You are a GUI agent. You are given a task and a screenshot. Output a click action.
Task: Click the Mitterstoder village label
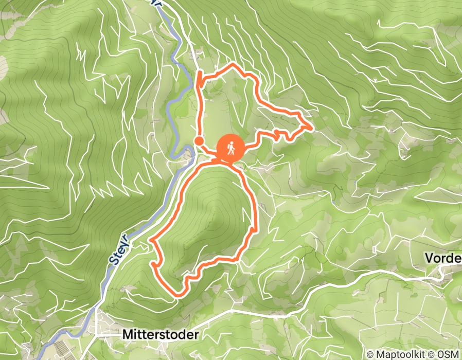(x=160, y=334)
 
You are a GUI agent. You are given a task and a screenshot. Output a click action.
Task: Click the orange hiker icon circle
(x=230, y=148)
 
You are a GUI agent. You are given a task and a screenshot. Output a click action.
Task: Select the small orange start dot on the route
(x=199, y=140)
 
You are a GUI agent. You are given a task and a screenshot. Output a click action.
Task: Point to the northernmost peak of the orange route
(x=234, y=64)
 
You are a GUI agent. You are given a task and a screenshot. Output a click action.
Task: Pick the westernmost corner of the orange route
(x=150, y=240)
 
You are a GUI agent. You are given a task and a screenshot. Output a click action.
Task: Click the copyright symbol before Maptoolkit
(x=370, y=355)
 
